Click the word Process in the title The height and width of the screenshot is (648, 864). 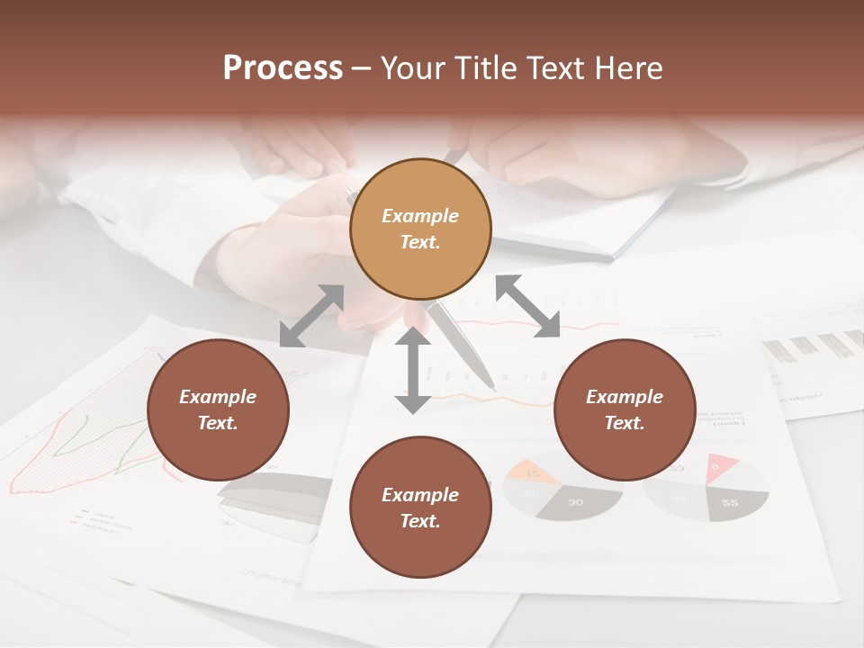(x=283, y=68)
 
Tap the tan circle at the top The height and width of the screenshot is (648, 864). (x=420, y=229)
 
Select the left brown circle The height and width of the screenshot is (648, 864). (x=218, y=409)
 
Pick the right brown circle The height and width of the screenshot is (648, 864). (x=625, y=409)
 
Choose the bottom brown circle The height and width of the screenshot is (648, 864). (x=420, y=508)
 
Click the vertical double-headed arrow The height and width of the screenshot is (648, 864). (x=413, y=370)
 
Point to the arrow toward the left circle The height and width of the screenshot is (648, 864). (x=311, y=316)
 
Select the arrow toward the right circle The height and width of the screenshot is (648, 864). (x=527, y=306)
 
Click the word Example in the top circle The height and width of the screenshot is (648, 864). (x=420, y=216)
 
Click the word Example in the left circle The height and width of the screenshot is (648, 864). (x=218, y=397)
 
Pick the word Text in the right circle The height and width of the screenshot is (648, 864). (x=623, y=423)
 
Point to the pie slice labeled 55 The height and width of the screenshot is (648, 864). (x=731, y=503)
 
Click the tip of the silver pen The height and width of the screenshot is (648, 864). (x=491, y=387)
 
